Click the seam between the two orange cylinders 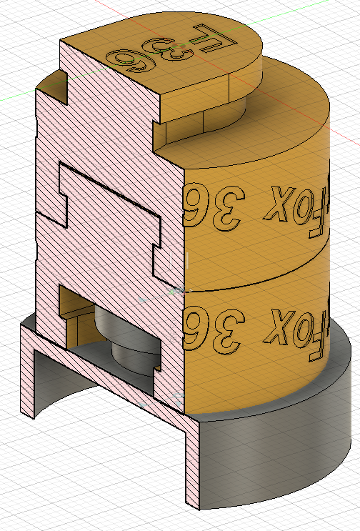pyautogui.click(x=257, y=274)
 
